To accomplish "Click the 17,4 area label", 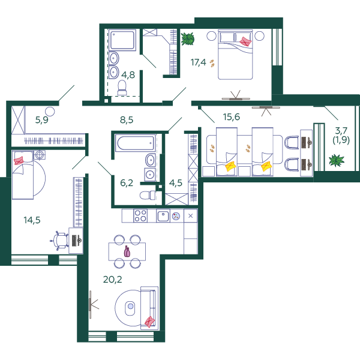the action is point(199,62).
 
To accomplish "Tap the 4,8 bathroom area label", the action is point(128,75).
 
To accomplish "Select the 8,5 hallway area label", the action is point(127,120).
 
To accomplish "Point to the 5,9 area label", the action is point(42,120).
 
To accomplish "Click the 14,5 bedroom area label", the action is point(32,220).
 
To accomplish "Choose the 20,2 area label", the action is point(113,280).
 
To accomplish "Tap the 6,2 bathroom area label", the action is point(127,183).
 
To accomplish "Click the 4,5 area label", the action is point(176,183).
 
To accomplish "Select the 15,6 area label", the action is point(232,117).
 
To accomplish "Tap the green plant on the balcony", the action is point(337,160).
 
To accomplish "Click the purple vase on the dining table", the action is point(127,251).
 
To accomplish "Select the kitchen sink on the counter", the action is point(163,216).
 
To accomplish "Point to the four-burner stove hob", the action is point(140,216).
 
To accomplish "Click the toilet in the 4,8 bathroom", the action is point(122,88).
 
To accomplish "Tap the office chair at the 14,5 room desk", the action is point(60,241).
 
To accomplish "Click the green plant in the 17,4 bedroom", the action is point(188,39).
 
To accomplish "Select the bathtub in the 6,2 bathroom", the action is point(136,143).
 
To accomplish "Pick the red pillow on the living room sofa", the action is point(149,322).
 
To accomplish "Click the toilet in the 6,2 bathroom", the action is point(148,195).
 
